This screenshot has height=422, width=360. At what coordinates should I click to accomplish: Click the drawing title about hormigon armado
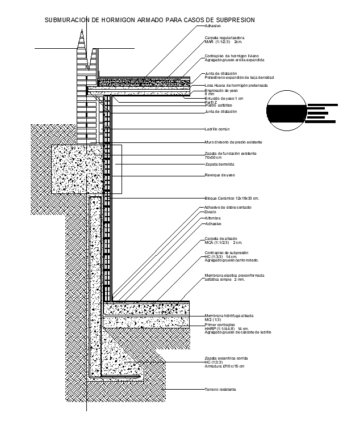pos(149,20)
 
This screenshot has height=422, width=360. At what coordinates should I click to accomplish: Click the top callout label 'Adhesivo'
pos(213,26)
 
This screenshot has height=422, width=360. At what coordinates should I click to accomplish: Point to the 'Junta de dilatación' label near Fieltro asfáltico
pos(221,112)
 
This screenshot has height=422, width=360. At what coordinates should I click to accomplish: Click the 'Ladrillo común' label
pos(216,129)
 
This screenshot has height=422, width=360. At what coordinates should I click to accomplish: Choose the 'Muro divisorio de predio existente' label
pos(233,142)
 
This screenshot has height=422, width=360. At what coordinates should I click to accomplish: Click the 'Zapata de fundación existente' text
pos(231,154)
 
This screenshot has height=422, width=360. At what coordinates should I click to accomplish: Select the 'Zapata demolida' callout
pos(219,164)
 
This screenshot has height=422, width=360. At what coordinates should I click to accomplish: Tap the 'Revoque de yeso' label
pos(220,175)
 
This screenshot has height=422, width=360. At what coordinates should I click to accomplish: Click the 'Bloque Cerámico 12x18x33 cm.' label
pos(232,198)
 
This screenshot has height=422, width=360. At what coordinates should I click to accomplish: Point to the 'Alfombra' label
pos(213,218)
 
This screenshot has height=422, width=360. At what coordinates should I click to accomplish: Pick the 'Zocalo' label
pos(211,212)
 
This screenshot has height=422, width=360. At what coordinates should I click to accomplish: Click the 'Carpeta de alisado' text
pos(221,238)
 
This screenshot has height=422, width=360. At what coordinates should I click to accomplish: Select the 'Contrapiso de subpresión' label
pos(227,252)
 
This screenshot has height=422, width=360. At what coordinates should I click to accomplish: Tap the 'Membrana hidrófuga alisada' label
pos(229,315)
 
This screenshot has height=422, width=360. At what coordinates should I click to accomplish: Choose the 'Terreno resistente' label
pos(220,390)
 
